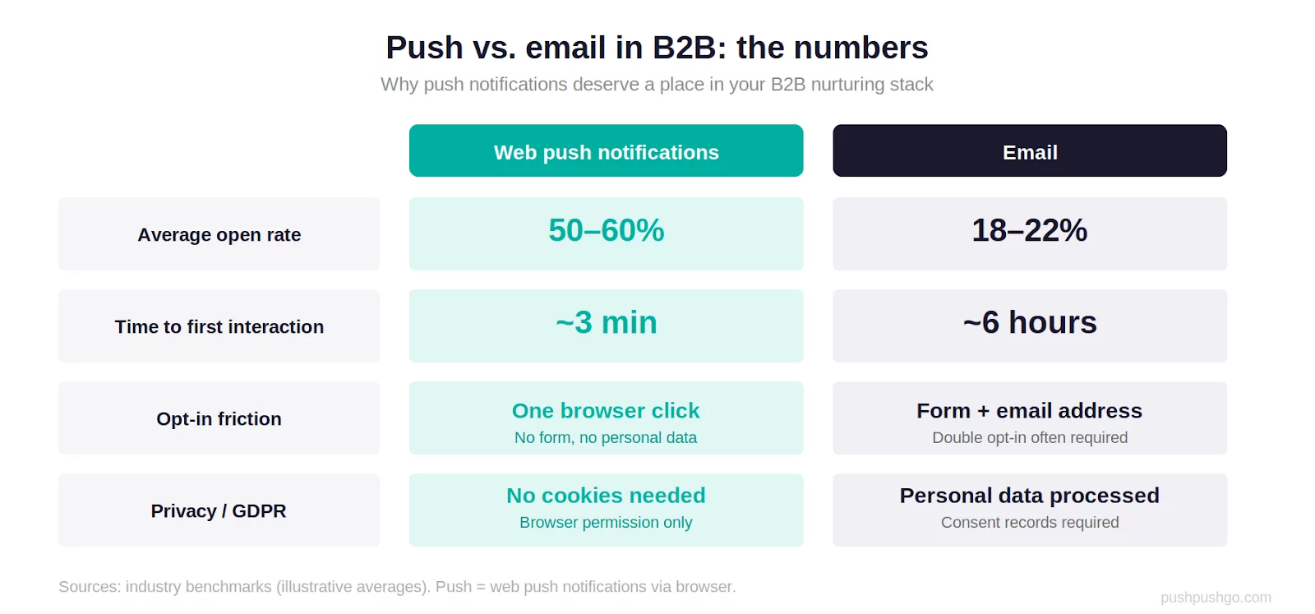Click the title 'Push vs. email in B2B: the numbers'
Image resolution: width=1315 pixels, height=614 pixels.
pos(657,48)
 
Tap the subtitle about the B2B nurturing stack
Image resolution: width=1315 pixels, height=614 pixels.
pos(657,85)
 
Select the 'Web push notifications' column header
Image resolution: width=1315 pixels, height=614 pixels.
pos(606,151)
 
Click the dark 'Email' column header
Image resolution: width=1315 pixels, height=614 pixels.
pos(1029,151)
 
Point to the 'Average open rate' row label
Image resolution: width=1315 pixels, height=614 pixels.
pos(219,234)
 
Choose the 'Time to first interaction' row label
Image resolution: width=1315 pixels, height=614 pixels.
pos(219,326)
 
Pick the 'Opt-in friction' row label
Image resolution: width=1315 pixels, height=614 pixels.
pos(219,418)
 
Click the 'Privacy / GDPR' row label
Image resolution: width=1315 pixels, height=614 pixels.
pos(219,510)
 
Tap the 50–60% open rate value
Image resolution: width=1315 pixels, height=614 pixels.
pos(606,230)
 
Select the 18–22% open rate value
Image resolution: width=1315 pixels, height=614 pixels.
pos(1029,230)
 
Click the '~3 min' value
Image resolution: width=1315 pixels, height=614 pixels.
pos(606,322)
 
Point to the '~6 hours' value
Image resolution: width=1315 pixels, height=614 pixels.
pos(1029,322)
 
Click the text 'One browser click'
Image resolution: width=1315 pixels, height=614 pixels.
pos(606,410)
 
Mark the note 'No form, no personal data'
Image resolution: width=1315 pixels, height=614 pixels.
pos(606,438)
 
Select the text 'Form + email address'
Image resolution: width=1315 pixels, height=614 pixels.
pos(1029,410)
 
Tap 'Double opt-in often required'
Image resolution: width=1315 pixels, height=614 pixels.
pos(1029,438)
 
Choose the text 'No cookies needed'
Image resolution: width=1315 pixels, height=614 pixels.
pos(606,496)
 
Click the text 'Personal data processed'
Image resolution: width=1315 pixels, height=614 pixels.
pos(1029,496)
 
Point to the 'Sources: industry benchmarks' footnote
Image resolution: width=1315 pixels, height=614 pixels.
pos(397,587)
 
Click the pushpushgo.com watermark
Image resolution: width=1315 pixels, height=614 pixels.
pos(1216,598)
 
